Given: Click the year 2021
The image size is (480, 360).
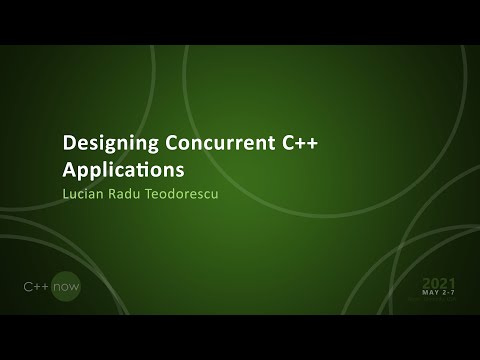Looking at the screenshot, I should tap(438, 282).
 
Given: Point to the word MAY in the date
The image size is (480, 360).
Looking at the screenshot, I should tap(431, 293).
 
